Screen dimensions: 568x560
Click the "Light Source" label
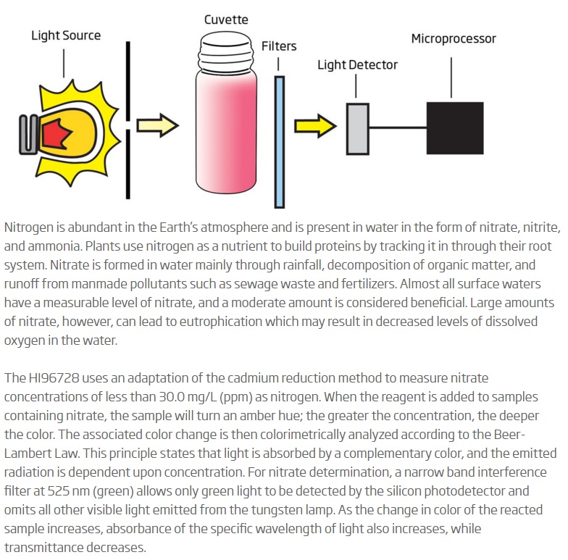point(66,35)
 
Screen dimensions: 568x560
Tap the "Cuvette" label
point(226,20)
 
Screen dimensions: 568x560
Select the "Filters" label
point(279,46)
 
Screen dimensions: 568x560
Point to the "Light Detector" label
point(358,65)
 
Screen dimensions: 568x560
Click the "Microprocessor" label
point(454,39)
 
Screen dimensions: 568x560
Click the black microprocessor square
point(455,128)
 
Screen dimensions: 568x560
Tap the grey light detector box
point(358,129)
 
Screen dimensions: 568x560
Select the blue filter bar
point(280,142)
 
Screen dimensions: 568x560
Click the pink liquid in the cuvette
point(226,130)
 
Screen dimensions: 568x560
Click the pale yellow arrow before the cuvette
point(158,125)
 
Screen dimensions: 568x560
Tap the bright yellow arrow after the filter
point(315,126)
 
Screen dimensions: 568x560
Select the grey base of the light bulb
point(28,135)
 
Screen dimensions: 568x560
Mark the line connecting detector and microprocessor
point(398,128)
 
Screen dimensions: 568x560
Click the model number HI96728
point(54,378)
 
